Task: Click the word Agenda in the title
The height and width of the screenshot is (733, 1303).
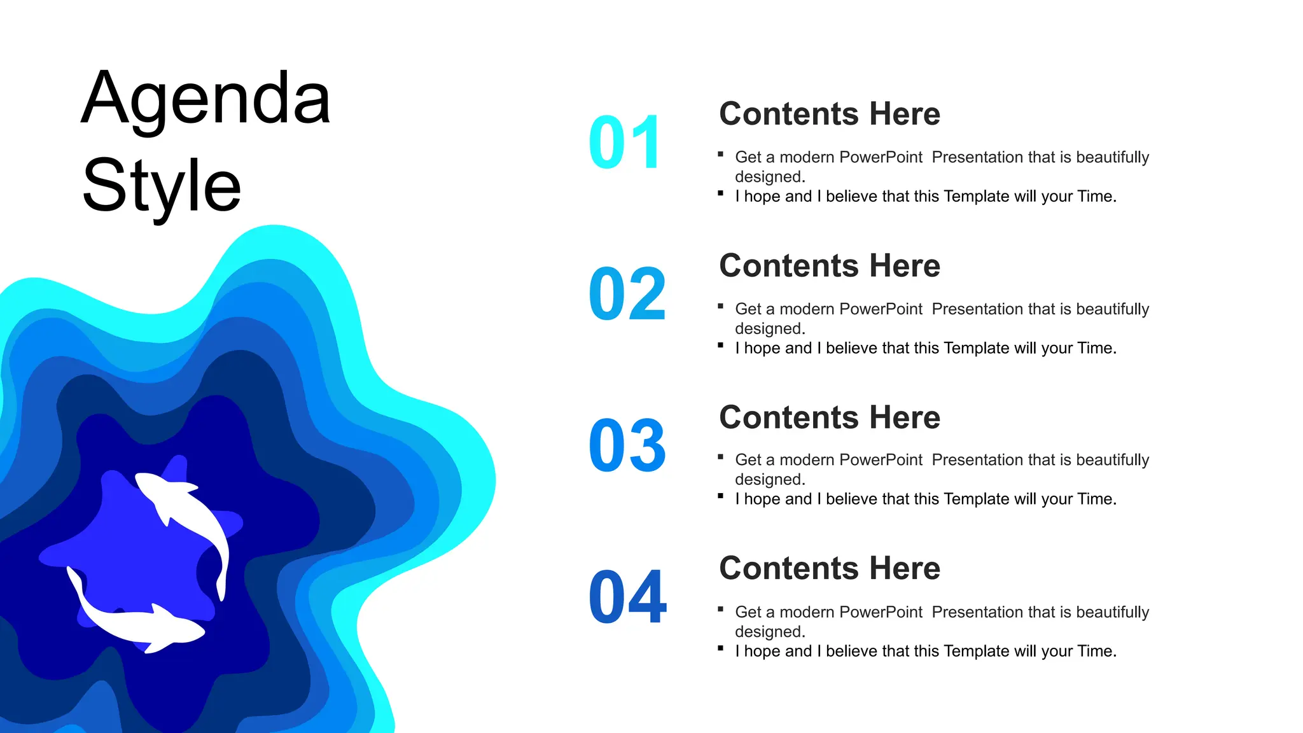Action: tap(206, 100)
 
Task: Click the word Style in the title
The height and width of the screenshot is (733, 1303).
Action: tap(162, 186)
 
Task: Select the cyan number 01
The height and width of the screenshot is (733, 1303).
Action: tap(626, 143)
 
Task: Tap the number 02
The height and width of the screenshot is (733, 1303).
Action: tap(627, 295)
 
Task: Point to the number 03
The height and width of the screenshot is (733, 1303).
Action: tap(627, 446)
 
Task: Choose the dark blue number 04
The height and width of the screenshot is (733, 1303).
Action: tap(627, 597)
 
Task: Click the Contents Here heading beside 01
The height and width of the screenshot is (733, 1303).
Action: tap(830, 114)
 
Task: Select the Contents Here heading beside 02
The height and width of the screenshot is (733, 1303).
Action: tap(830, 266)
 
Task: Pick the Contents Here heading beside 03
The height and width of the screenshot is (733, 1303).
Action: tap(830, 418)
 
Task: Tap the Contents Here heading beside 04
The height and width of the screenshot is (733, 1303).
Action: tap(830, 569)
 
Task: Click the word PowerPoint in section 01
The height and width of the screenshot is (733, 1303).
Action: tap(881, 157)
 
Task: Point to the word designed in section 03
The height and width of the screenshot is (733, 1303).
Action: tap(769, 480)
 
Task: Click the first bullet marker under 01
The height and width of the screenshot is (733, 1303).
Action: tap(721, 154)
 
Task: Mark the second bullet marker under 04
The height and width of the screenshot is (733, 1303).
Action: tap(721, 648)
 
